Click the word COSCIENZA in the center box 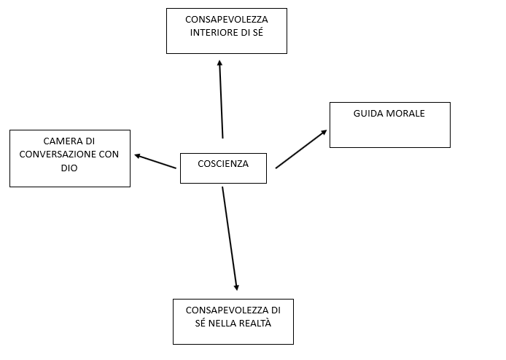click(x=223, y=164)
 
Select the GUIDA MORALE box click(x=389, y=125)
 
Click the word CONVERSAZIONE click(x=56, y=154)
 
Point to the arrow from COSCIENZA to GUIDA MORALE click(x=300, y=149)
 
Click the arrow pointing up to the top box click(x=221, y=98)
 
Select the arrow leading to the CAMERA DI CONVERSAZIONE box click(x=155, y=161)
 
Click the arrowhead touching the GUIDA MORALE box click(x=324, y=133)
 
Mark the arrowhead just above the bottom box click(x=236, y=286)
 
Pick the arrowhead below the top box click(x=219, y=63)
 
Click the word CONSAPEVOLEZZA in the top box click(x=226, y=20)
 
